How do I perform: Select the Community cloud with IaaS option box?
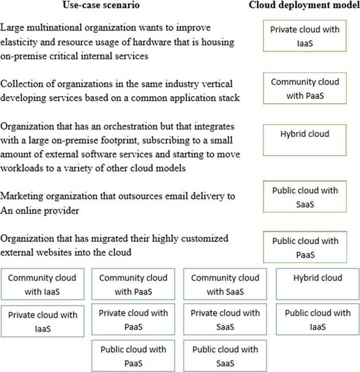(42, 284)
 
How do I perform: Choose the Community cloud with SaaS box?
(225, 284)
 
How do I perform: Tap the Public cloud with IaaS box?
(317, 320)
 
